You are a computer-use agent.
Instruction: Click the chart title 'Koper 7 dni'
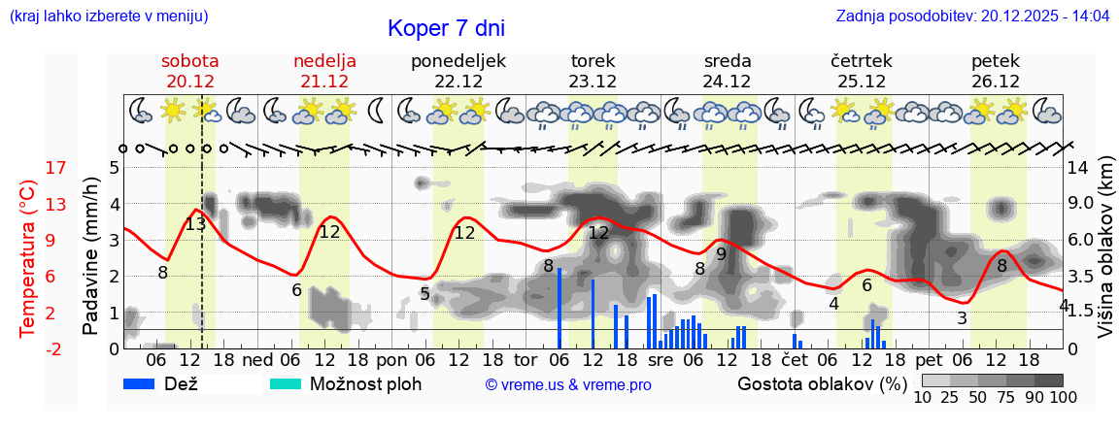point(446,28)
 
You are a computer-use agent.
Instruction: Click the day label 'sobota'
point(190,61)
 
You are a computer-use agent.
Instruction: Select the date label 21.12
point(324,82)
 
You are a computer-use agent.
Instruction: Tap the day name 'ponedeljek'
point(458,61)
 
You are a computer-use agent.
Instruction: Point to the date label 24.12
point(728,82)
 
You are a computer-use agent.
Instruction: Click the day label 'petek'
point(996,61)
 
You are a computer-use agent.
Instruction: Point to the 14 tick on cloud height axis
point(1079,168)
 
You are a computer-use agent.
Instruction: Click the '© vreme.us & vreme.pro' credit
point(568,385)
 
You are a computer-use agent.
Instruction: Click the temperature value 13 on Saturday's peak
point(195,224)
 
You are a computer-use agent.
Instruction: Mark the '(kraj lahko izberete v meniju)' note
point(108,17)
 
